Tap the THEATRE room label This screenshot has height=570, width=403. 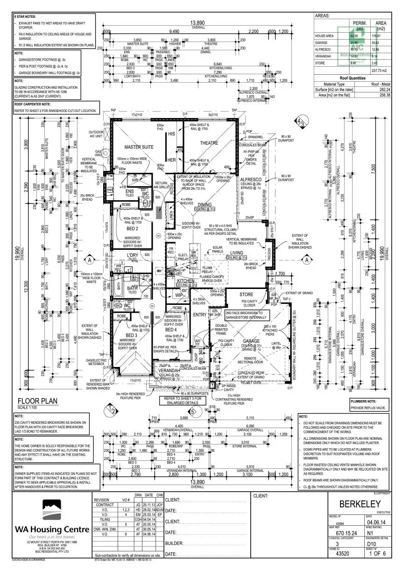[x=209, y=143]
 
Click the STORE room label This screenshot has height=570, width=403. [x=247, y=295]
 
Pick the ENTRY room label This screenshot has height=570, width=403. [x=200, y=315]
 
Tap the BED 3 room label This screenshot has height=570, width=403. [x=129, y=336]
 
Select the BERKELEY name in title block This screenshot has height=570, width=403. [x=360, y=504]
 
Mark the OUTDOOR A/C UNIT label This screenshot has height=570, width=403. [x=96, y=134]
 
